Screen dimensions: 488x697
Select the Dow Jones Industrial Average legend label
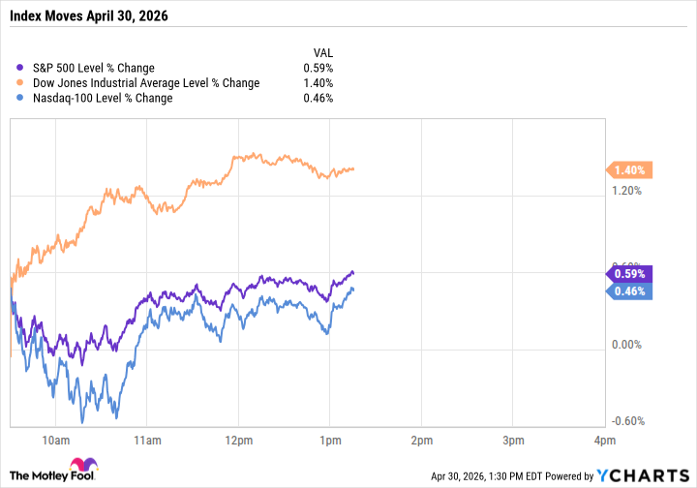coord(146,83)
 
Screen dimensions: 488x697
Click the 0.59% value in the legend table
coord(318,68)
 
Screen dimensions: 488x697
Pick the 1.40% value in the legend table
coord(318,83)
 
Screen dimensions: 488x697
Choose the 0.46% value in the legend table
coord(318,98)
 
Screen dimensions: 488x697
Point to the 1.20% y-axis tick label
coord(627,191)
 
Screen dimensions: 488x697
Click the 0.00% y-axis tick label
coord(627,345)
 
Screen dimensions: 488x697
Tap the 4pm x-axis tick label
coord(604,441)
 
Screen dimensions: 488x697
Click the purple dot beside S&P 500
coord(22,68)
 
